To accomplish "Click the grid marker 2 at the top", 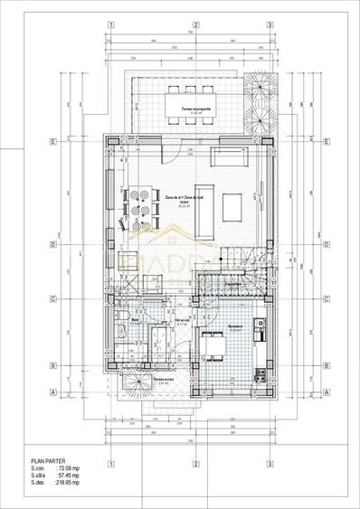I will click(190, 25).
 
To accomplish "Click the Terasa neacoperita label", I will click(188, 109).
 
